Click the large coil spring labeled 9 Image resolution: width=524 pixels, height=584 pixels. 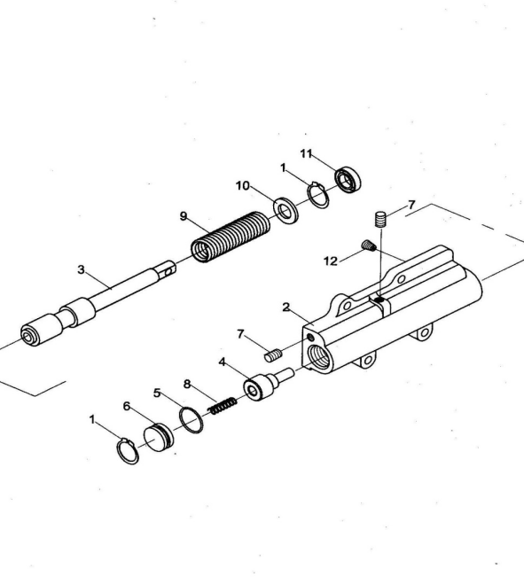231,237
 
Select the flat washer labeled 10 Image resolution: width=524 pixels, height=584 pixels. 285,211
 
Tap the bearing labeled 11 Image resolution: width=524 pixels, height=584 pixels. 348,180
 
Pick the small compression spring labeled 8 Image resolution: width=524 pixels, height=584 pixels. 223,406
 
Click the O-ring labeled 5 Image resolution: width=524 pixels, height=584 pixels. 192,420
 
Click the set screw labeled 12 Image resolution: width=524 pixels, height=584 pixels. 369,245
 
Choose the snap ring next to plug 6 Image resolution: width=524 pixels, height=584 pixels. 128,451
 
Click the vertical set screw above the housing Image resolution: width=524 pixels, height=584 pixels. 380,219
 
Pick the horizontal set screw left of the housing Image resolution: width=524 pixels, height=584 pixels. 274,355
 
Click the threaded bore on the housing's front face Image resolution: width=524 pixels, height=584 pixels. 318,356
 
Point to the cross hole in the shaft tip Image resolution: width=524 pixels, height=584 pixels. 168,272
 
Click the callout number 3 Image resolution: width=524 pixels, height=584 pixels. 81,269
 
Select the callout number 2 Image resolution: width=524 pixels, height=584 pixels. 285,308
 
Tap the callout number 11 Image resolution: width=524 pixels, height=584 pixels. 306,153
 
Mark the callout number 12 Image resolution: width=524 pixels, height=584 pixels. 330,261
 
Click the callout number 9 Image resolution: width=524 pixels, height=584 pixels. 184,216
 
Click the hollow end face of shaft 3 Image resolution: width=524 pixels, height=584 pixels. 28,337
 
